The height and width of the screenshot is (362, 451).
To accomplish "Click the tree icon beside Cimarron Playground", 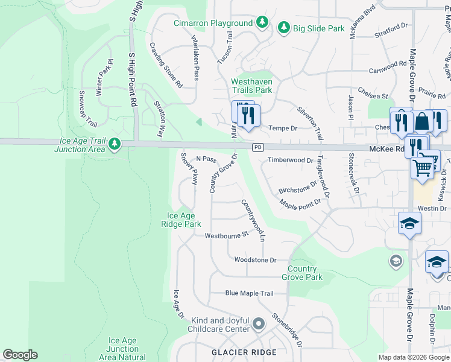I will pyautogui.click(x=262, y=23).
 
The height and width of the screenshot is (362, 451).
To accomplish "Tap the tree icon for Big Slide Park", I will pyautogui.click(x=283, y=28).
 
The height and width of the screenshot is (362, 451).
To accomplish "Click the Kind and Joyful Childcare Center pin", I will pyautogui.click(x=259, y=325).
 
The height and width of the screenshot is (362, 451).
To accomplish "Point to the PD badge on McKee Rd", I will pyautogui.click(x=258, y=147).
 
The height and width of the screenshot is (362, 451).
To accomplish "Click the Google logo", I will pyautogui.click(x=20, y=355).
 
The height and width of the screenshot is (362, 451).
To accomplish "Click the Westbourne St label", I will pyautogui.click(x=227, y=235).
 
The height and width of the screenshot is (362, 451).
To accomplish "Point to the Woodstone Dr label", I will pyautogui.click(x=255, y=260).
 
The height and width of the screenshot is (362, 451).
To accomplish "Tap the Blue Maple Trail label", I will pyautogui.click(x=249, y=293).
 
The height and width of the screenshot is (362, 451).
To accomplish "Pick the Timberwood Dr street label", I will pyautogui.click(x=291, y=160).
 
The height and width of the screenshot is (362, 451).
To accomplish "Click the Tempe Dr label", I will pyautogui.click(x=283, y=128).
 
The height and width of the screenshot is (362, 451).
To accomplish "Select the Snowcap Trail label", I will pyautogui.click(x=88, y=109).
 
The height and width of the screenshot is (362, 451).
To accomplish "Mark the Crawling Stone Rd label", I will pyautogui.click(x=166, y=66).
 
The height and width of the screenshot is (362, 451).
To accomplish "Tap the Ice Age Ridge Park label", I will pyautogui.click(x=184, y=220).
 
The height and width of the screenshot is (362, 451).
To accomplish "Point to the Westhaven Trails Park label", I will pyautogui.click(x=252, y=86).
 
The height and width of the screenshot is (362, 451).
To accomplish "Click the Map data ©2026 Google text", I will pyautogui.click(x=414, y=357).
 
